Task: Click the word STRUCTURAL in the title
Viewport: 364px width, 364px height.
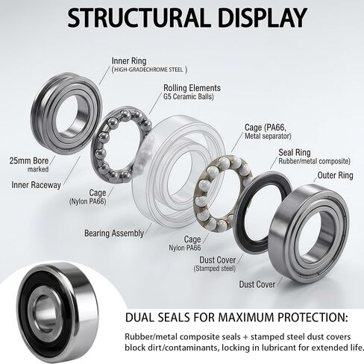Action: pos(138,18)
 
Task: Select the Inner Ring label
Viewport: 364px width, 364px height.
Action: pos(129,61)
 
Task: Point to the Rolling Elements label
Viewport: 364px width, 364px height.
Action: pos(192,88)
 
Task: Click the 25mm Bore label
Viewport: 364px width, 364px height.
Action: pos(29,160)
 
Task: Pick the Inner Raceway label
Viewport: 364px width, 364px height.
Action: pos(36,185)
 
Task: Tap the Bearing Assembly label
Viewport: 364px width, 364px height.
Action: pos(114,233)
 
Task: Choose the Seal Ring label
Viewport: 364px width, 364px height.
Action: pos(295,152)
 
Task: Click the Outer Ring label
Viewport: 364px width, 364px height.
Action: pos(335,175)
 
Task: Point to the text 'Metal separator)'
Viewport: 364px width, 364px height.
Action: pos(268,136)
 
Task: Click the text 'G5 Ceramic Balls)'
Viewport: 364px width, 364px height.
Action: pos(189,97)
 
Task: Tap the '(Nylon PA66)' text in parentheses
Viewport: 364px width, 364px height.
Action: pos(88,201)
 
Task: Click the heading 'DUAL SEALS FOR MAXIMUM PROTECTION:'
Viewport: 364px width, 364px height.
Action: pos(236,318)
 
